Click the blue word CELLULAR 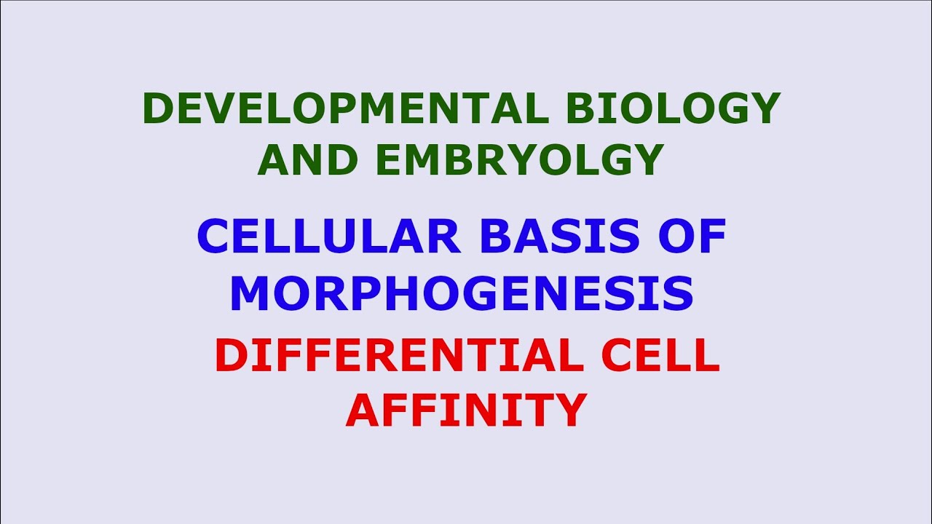(x=328, y=236)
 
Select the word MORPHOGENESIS (x=462, y=293)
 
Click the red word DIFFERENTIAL (x=398, y=356)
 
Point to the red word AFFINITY (x=466, y=409)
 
